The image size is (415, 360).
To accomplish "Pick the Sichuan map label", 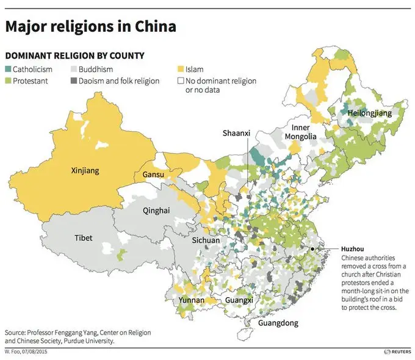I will [x=206, y=240].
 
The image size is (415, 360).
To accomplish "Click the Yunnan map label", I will [x=191, y=300].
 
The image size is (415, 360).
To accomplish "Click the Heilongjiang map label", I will [x=369, y=113].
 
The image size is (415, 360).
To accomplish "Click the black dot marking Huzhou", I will [x=312, y=249].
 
